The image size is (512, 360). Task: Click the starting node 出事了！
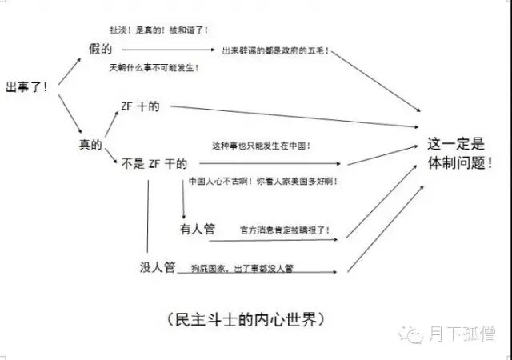(26, 86)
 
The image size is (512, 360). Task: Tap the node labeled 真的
(90, 144)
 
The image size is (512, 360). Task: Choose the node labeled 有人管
(197, 229)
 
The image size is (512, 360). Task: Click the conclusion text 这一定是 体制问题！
(457, 153)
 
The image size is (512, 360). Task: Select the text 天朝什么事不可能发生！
(154, 68)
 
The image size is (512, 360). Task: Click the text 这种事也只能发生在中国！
(262, 146)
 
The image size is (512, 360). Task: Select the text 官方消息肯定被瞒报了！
(285, 230)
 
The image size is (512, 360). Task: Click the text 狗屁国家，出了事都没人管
(240, 268)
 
